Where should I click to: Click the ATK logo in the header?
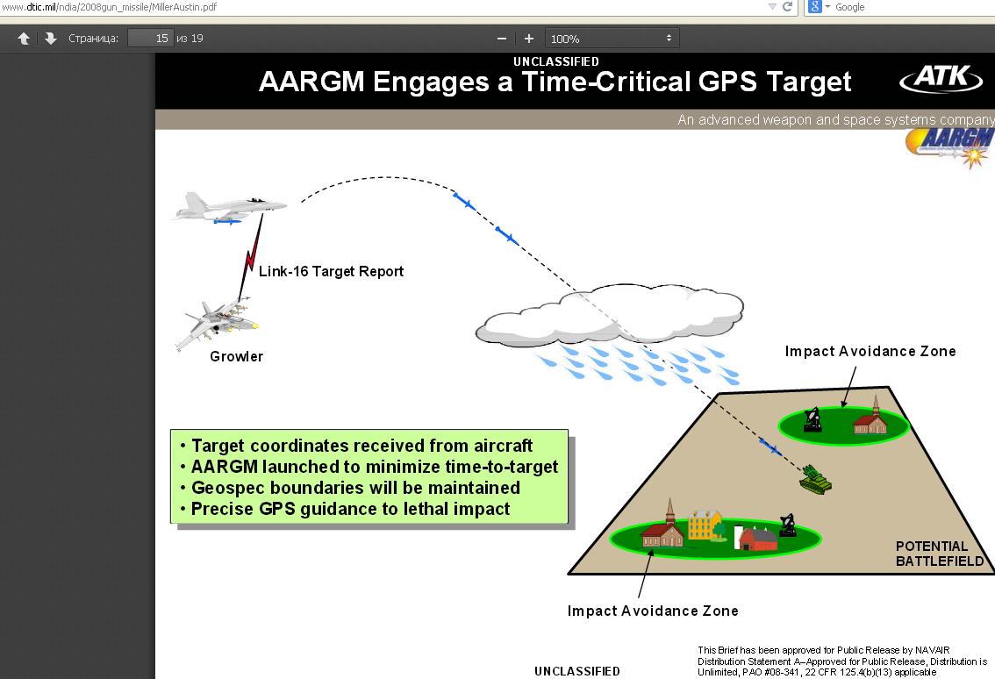[941, 78]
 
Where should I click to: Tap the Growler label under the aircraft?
[236, 357]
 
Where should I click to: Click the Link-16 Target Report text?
[331, 272]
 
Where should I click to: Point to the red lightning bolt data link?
[252, 256]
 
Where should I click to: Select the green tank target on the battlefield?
[815, 479]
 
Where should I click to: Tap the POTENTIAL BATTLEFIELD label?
[939, 554]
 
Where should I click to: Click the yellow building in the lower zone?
[705, 525]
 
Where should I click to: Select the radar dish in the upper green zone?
[812, 420]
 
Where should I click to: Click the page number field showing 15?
[150, 38]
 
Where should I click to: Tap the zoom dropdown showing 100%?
[612, 38]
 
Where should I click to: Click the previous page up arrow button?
[24, 39]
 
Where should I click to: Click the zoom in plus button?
[528, 39]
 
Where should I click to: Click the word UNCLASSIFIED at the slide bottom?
[576, 671]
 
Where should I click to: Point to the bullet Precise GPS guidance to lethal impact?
[350, 509]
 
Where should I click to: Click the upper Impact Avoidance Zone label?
[870, 351]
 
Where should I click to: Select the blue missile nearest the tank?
[771, 447]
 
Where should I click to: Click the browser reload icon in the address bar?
[788, 6]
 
